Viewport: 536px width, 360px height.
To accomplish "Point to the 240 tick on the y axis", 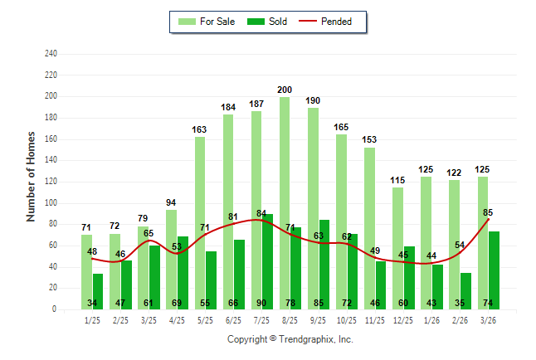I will pyautogui.click(x=51, y=54).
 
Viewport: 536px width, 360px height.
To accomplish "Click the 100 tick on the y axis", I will pyautogui.click(x=51, y=203).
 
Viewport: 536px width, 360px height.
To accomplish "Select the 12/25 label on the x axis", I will pyautogui.click(x=403, y=320).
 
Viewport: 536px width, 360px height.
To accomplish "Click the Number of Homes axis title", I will pyautogui.click(x=31, y=175).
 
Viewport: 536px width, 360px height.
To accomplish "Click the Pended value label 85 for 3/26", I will pyautogui.click(x=488, y=212).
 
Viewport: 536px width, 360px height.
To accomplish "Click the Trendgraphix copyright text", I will pyautogui.click(x=290, y=339).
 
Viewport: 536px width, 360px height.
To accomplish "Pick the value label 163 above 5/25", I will pyautogui.click(x=200, y=129).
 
